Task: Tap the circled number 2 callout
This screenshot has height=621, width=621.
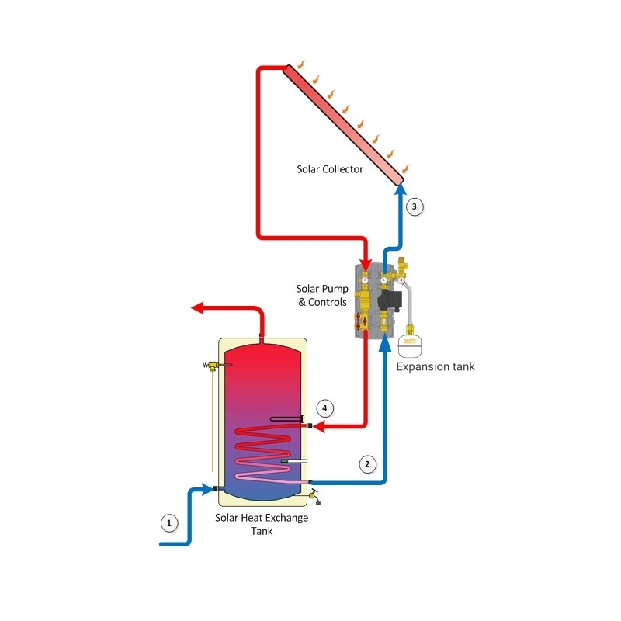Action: (367, 464)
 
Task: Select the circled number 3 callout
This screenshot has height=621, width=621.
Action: (415, 206)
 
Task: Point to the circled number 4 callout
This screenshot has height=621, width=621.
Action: (325, 408)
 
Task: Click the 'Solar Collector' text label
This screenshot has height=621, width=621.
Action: (330, 168)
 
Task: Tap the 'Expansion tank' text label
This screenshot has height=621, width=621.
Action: (435, 366)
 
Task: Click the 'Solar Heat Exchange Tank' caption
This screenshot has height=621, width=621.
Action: (261, 524)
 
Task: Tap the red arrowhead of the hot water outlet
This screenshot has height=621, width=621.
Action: (199, 308)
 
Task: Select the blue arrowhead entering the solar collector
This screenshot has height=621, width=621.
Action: (398, 191)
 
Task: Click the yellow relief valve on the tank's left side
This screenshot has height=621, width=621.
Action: (210, 366)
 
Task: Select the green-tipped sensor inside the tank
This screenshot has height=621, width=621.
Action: (284, 464)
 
